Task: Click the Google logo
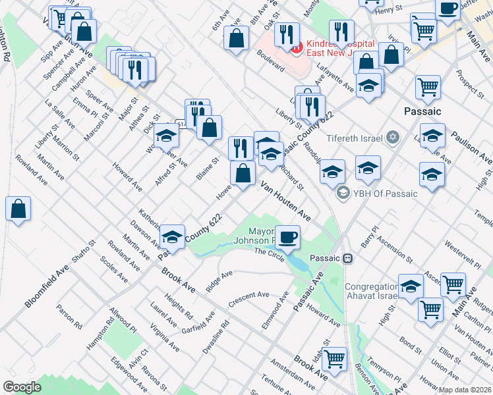click(x=22, y=387)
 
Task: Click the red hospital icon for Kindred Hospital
click(x=297, y=46)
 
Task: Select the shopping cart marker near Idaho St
click(x=335, y=359)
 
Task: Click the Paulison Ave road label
click(x=471, y=147)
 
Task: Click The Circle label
click(x=269, y=255)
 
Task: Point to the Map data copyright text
click(x=465, y=389)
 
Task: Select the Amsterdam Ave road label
click(x=293, y=376)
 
